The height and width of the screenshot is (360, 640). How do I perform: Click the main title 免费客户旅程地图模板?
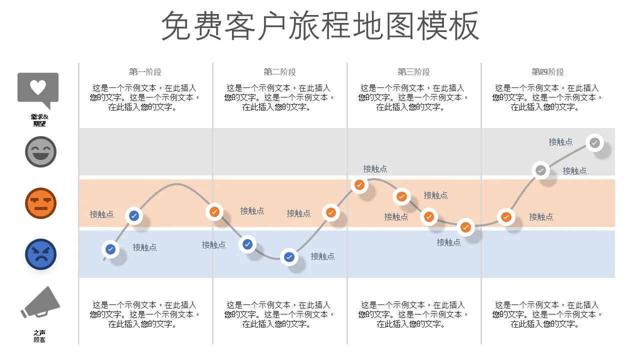click(x=320, y=25)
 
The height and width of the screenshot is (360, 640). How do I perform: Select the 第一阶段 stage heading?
click(x=145, y=72)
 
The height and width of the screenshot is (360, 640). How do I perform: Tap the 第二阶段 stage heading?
click(x=279, y=72)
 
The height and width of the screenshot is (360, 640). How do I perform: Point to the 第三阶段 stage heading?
click(x=413, y=72)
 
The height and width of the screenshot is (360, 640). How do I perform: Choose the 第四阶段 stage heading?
click(x=547, y=72)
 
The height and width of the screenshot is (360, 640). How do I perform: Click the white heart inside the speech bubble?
click(x=38, y=87)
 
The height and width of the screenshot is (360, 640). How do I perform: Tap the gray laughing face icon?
click(x=40, y=151)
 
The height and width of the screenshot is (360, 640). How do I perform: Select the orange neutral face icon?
click(x=40, y=203)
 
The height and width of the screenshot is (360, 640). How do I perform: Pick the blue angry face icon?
click(x=40, y=254)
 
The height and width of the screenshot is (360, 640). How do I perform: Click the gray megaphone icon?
click(x=40, y=302)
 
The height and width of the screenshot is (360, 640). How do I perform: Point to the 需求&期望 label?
click(x=39, y=120)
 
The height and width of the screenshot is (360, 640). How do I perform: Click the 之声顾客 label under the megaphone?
click(x=39, y=336)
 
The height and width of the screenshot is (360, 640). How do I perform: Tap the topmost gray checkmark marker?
click(x=594, y=142)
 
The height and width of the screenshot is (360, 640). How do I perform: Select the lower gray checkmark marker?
click(x=540, y=170)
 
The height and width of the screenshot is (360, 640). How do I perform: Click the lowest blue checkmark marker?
click(x=289, y=257)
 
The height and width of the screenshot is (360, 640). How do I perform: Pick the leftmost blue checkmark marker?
click(x=110, y=249)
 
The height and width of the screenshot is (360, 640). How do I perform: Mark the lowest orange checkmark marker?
click(x=465, y=227)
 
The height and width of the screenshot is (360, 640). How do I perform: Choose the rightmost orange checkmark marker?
click(x=506, y=217)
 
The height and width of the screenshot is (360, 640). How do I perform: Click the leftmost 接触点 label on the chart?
click(x=101, y=214)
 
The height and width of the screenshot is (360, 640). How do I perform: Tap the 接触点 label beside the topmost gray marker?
click(x=560, y=142)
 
